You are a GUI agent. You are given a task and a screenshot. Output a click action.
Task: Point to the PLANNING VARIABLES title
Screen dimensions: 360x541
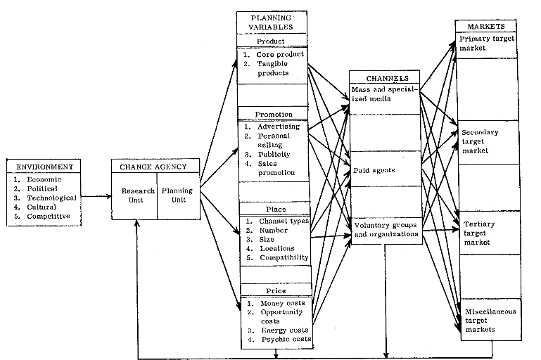(272, 23)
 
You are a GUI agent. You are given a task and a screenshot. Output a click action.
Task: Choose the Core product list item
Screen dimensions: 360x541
(279, 54)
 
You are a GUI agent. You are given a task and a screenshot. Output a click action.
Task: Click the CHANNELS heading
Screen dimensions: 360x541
(385, 77)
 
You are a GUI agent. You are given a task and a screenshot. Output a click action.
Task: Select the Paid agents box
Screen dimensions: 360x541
(374, 169)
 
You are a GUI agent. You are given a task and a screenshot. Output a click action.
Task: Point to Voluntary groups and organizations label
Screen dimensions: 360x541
(386, 229)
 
